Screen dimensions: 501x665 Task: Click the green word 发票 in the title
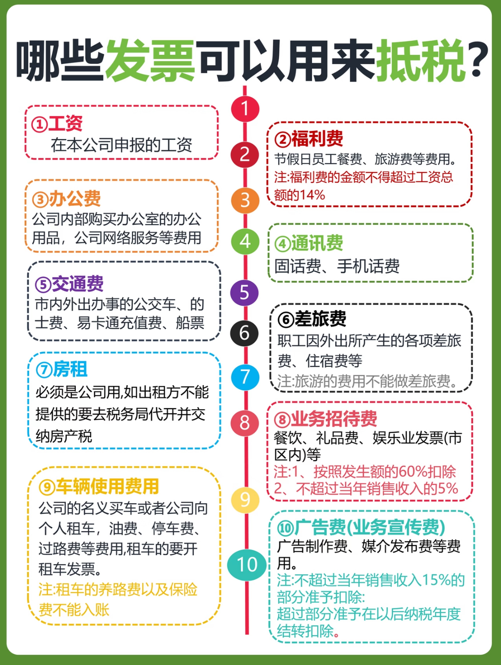[150, 61]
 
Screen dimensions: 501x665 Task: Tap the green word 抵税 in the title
[421, 61]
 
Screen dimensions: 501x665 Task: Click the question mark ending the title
[477, 59]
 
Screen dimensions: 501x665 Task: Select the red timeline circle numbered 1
[245, 109]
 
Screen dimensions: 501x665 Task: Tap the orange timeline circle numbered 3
[245, 200]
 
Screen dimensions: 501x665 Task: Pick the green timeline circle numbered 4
[245, 241]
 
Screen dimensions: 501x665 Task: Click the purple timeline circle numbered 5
[244, 292]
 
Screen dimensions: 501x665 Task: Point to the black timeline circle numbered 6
[244, 333]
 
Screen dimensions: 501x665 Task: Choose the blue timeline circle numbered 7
[245, 377]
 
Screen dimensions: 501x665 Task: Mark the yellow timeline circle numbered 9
[245, 499]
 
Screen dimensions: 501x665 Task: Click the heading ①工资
[57, 124]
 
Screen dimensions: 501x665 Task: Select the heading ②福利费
[309, 139]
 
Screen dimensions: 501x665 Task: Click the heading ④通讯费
[309, 243]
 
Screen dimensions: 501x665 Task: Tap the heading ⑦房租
[62, 369]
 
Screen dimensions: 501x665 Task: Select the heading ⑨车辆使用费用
[99, 486]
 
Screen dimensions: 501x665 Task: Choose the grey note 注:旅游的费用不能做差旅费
[367, 381]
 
